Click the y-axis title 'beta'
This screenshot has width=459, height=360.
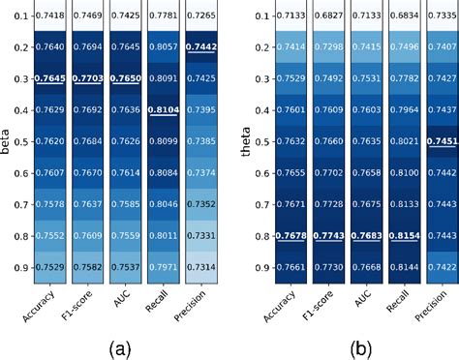(x=8, y=141)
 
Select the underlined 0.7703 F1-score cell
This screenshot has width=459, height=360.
(x=97, y=78)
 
